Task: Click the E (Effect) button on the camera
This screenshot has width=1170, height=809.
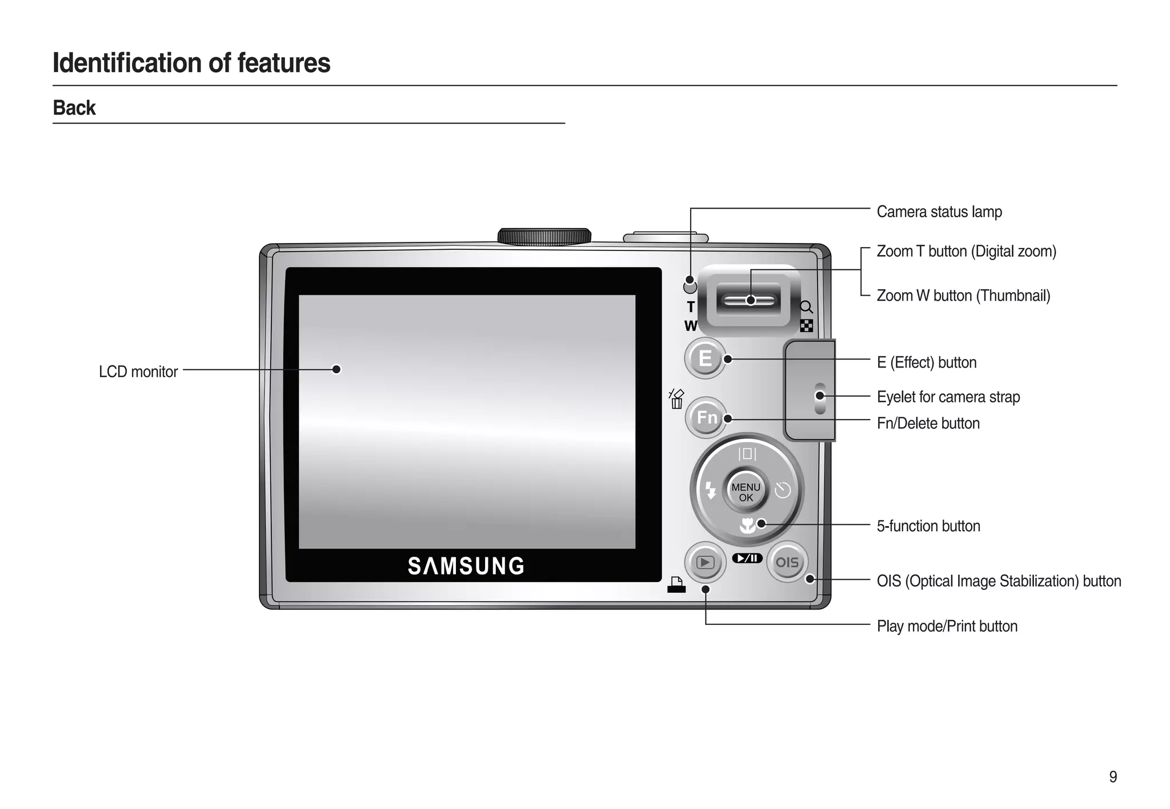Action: coord(705,358)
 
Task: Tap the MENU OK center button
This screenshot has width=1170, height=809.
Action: coord(746,492)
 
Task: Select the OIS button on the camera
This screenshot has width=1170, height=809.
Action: coord(787,562)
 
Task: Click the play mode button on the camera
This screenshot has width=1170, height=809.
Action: coord(705,563)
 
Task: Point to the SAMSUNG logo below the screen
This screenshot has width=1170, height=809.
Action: coord(466,566)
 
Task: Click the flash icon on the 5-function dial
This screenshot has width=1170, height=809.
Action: coord(710,490)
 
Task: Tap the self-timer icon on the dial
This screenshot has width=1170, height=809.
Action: coord(782,490)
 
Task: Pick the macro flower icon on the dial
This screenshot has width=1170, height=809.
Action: coord(747,525)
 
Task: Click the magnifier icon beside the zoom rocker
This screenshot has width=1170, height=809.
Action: coord(806,307)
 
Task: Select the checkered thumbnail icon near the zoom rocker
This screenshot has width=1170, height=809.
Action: coord(806,326)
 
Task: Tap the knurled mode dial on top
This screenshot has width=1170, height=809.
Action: coord(544,236)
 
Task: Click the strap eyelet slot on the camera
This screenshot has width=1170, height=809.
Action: coord(820,398)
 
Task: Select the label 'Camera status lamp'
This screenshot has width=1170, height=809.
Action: coord(939,212)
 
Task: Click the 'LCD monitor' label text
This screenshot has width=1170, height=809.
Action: coord(138,372)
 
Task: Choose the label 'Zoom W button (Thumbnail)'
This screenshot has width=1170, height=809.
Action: coord(963,296)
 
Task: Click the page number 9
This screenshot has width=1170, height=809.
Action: coord(1113,777)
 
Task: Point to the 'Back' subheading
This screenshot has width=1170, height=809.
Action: coord(74,108)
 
